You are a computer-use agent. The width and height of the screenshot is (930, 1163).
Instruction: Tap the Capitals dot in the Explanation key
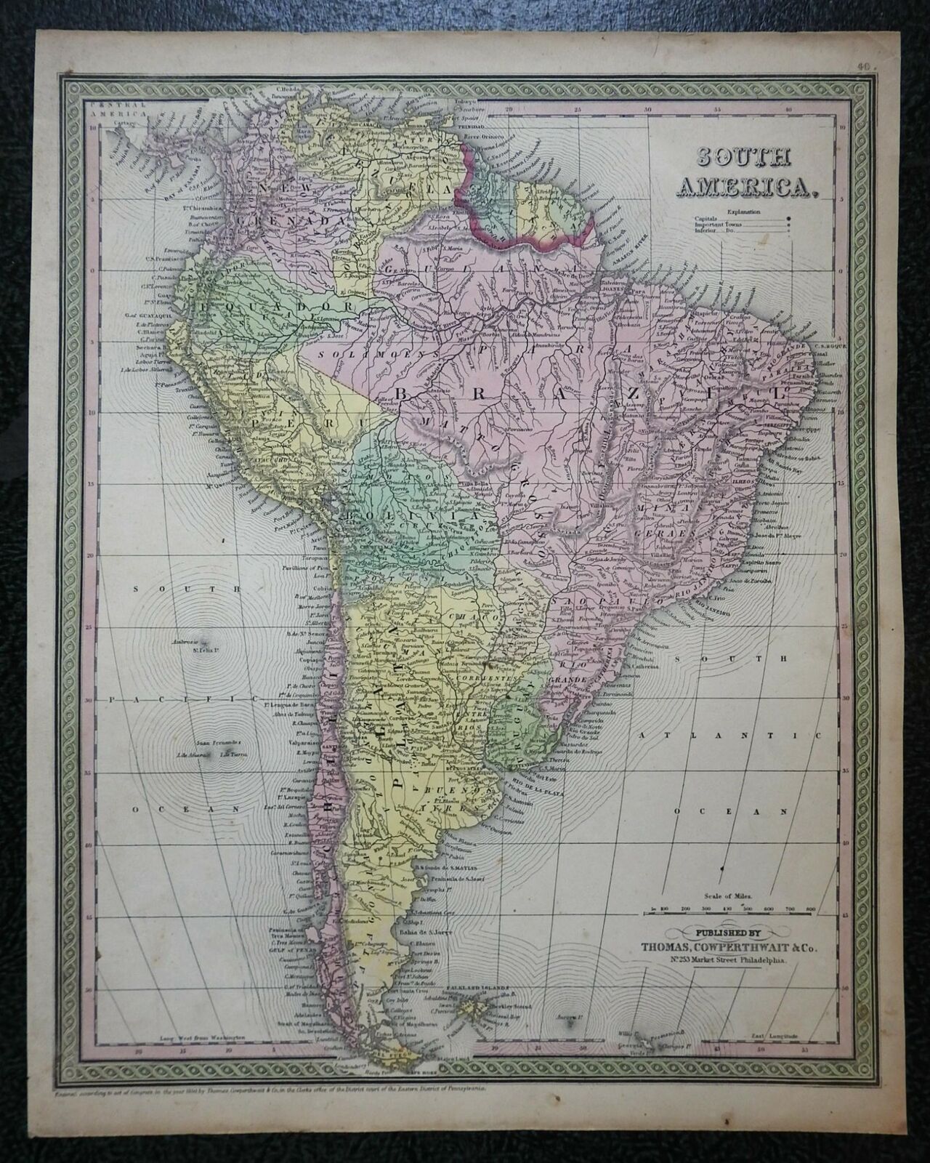click(789, 217)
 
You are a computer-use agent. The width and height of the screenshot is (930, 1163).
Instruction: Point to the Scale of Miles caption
click(730, 898)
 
